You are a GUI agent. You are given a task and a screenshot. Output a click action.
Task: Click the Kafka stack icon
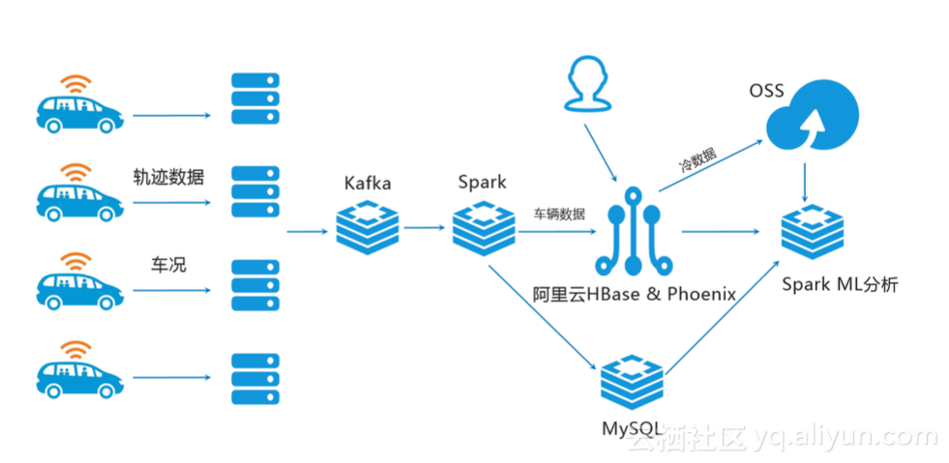tap(368, 228)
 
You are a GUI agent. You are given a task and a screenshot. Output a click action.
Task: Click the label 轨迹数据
tap(169, 176)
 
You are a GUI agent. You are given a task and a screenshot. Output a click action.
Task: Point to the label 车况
tap(168, 264)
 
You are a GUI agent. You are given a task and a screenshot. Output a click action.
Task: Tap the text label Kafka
tap(368, 183)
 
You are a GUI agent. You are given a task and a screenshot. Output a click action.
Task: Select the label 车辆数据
tap(559, 215)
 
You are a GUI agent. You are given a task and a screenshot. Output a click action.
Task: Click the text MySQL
tap(632, 428)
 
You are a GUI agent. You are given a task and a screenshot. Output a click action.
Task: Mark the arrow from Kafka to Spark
tap(426, 228)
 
